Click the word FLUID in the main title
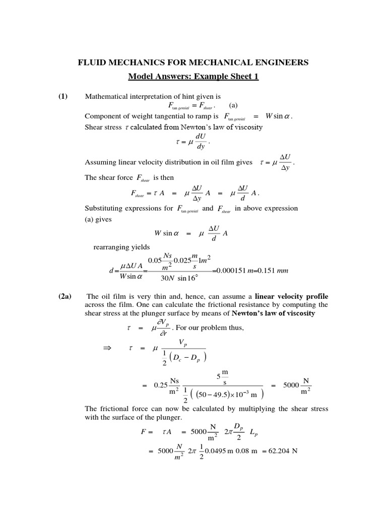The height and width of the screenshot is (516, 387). (91, 62)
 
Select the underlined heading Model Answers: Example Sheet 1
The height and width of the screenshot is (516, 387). (193, 77)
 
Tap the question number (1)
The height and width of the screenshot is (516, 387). (63, 96)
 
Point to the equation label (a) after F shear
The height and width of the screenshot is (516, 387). (233, 106)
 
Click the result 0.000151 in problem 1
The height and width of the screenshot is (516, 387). (232, 271)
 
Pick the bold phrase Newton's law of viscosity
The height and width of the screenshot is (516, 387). (273, 313)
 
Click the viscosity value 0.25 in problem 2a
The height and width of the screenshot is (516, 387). (160, 385)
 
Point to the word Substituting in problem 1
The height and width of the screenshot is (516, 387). (105, 209)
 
